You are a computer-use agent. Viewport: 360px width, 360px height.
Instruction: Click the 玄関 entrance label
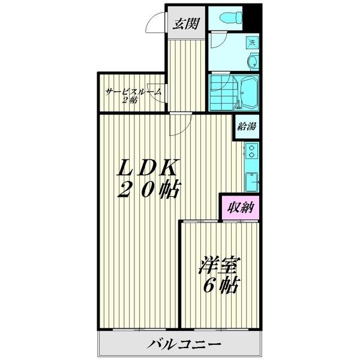click(186, 23)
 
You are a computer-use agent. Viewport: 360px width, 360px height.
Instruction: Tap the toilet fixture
click(231, 17)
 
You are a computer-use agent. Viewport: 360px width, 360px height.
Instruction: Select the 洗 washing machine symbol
click(253, 43)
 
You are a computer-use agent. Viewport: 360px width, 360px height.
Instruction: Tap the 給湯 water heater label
click(247, 126)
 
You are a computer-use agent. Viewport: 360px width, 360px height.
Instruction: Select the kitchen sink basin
click(251, 182)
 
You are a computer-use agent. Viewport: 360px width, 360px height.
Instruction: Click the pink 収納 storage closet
click(241, 208)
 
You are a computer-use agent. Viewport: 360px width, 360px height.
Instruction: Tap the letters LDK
click(148, 167)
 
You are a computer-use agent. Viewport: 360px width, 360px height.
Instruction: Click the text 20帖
click(148, 190)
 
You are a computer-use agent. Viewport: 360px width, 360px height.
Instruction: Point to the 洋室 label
click(219, 265)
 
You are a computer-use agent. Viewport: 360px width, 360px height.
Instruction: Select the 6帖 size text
click(221, 285)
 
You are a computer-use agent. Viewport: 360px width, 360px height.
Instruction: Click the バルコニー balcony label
click(184, 344)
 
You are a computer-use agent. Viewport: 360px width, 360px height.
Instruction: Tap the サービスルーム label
click(133, 92)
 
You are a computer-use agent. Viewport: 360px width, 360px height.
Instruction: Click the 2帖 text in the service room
click(130, 100)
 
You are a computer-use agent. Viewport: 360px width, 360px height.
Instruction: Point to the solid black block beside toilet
click(251, 18)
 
